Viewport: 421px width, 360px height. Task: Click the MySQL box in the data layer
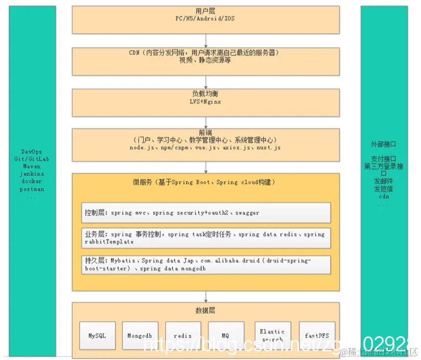(98, 336)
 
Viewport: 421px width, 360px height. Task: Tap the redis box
(183, 336)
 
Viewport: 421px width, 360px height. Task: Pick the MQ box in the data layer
(225, 336)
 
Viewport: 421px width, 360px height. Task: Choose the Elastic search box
(272, 335)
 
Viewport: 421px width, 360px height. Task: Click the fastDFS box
(317, 336)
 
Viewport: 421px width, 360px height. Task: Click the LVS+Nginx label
(205, 102)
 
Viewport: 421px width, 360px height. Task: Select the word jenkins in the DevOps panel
(32, 173)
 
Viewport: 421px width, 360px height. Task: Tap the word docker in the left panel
(32, 181)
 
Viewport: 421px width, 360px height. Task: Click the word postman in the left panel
(32, 189)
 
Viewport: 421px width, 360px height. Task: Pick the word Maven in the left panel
(32, 166)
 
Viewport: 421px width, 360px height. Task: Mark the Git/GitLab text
(32, 159)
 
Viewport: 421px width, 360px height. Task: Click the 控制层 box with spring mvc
(205, 212)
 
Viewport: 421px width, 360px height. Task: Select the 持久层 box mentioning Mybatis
(205, 264)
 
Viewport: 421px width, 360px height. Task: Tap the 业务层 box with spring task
(205, 238)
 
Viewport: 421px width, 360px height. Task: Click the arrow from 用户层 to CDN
(205, 40)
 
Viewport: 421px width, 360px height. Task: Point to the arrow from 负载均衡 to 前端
(205, 123)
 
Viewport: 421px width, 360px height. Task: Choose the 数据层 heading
(205, 310)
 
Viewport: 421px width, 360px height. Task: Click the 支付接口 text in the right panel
(383, 159)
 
